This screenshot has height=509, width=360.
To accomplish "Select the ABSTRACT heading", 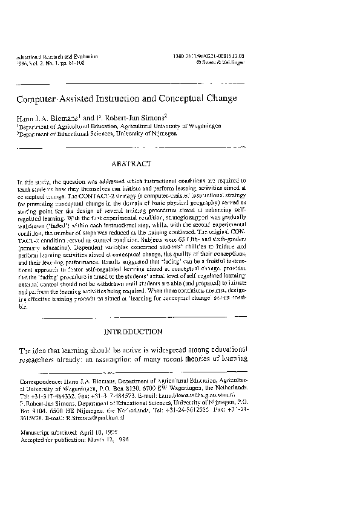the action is point(131,163).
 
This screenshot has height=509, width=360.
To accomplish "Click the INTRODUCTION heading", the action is point(134,332).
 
